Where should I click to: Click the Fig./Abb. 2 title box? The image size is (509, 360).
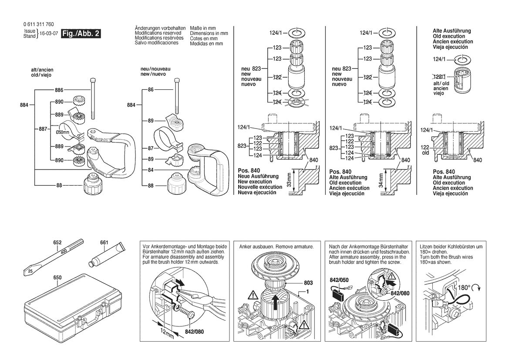coord(81,34)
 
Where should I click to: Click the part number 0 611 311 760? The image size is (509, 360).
coord(39,24)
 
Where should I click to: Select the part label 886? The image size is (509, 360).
coord(59,90)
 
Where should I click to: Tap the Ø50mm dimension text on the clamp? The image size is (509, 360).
coord(62,132)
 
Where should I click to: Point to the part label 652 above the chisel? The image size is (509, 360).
coord(57,243)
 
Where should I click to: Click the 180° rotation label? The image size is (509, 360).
coord(464,288)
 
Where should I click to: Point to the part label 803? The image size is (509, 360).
coord(308,283)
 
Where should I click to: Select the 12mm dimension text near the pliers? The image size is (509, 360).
coord(168,333)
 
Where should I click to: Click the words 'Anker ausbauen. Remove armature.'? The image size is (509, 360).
coord(276,247)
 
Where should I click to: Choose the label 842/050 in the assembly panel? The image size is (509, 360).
coord(339,280)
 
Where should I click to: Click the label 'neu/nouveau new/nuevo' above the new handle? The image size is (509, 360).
coord(155,71)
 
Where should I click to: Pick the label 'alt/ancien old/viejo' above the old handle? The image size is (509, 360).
coord(42,72)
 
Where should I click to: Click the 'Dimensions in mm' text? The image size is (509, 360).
coord(209,33)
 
